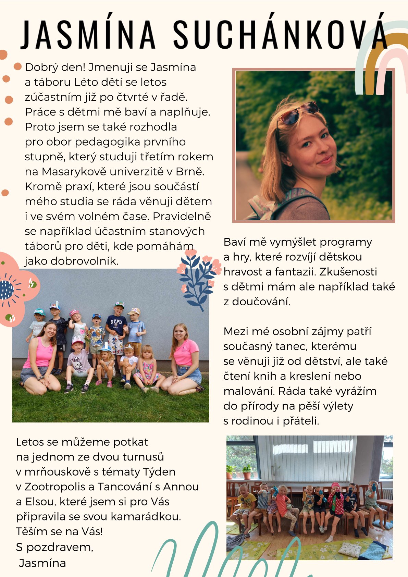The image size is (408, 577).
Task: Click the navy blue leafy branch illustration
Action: [x=197, y=279]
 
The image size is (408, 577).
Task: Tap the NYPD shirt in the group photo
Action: [x=116, y=323]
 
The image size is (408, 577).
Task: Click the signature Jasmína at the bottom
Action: [x=42, y=563]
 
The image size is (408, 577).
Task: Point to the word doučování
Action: [x=261, y=302]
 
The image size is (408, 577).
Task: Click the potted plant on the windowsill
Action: [x=247, y=471]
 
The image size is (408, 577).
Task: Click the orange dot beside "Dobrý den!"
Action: [x=18, y=66]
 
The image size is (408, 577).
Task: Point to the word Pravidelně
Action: [x=182, y=216]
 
